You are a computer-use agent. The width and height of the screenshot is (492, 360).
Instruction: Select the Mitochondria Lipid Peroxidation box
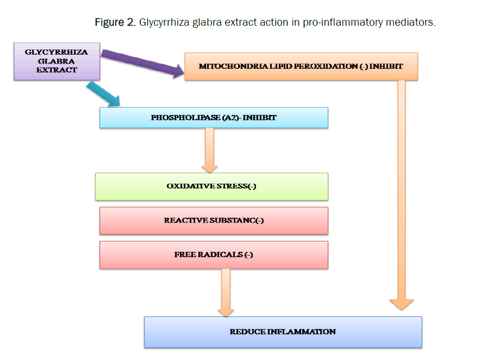tap(301, 66)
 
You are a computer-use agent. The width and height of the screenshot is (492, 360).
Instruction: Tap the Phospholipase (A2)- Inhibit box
tap(213, 118)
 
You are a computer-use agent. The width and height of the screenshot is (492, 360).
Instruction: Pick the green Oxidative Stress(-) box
tap(211, 186)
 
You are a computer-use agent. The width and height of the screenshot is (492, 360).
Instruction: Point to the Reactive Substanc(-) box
tap(213, 220)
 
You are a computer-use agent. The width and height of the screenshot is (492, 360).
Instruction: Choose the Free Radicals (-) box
tap(213, 255)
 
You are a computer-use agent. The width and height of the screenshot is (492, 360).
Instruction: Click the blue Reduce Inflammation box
tap(283, 332)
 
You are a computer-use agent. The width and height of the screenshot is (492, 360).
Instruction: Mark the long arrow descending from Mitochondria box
tap(402, 194)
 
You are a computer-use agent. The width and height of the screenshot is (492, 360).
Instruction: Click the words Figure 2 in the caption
tap(115, 23)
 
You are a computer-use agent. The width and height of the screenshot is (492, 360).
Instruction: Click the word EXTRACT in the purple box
tap(57, 69)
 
